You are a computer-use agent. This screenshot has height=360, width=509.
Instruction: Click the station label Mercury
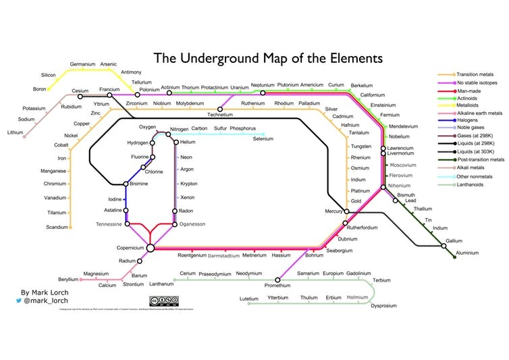333,211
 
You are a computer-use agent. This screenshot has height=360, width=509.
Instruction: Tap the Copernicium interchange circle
151,248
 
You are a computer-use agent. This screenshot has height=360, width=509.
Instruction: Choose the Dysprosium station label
383,306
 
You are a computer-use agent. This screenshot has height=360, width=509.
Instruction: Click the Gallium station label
454,240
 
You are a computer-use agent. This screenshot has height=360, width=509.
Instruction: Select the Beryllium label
69,278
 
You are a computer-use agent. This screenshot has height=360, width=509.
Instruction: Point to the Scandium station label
57,227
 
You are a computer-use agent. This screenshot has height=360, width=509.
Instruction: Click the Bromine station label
139,184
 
